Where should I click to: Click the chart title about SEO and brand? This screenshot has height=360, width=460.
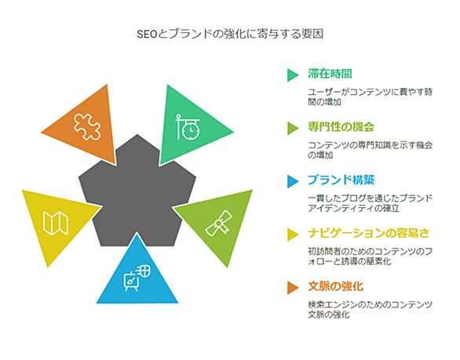tap(230, 35)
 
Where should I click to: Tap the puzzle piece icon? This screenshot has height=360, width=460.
tap(87, 126)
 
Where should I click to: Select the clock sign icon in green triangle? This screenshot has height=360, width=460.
tap(188, 127)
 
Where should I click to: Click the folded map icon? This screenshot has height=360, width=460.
tap(56, 223)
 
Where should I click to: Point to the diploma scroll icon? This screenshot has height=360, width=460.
tap(218, 224)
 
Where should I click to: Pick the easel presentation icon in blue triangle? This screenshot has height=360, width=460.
tap(137, 278)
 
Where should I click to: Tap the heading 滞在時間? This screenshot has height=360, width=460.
tap(330, 74)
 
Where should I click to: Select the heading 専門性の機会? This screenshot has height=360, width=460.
tap(341, 127)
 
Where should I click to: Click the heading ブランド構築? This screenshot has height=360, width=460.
tap(341, 180)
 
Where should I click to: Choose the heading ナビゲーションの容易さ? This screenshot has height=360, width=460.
tap(369, 234)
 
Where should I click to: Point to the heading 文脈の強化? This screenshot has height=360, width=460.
tap(335, 286)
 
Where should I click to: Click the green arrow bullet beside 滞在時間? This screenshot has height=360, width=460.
tap(293, 75)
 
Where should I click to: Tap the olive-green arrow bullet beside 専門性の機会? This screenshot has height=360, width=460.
tap(293, 129)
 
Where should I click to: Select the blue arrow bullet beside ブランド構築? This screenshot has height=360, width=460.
tap(293, 181)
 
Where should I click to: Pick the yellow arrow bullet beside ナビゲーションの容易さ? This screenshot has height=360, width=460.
tap(293, 235)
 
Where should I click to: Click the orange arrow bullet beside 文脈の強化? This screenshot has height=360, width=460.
tap(293, 288)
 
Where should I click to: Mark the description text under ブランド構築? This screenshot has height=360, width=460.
tap(370, 203)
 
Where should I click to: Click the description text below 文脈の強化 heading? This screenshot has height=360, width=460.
tap(370, 310)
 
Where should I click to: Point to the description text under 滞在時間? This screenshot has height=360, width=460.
tap(370, 96)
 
